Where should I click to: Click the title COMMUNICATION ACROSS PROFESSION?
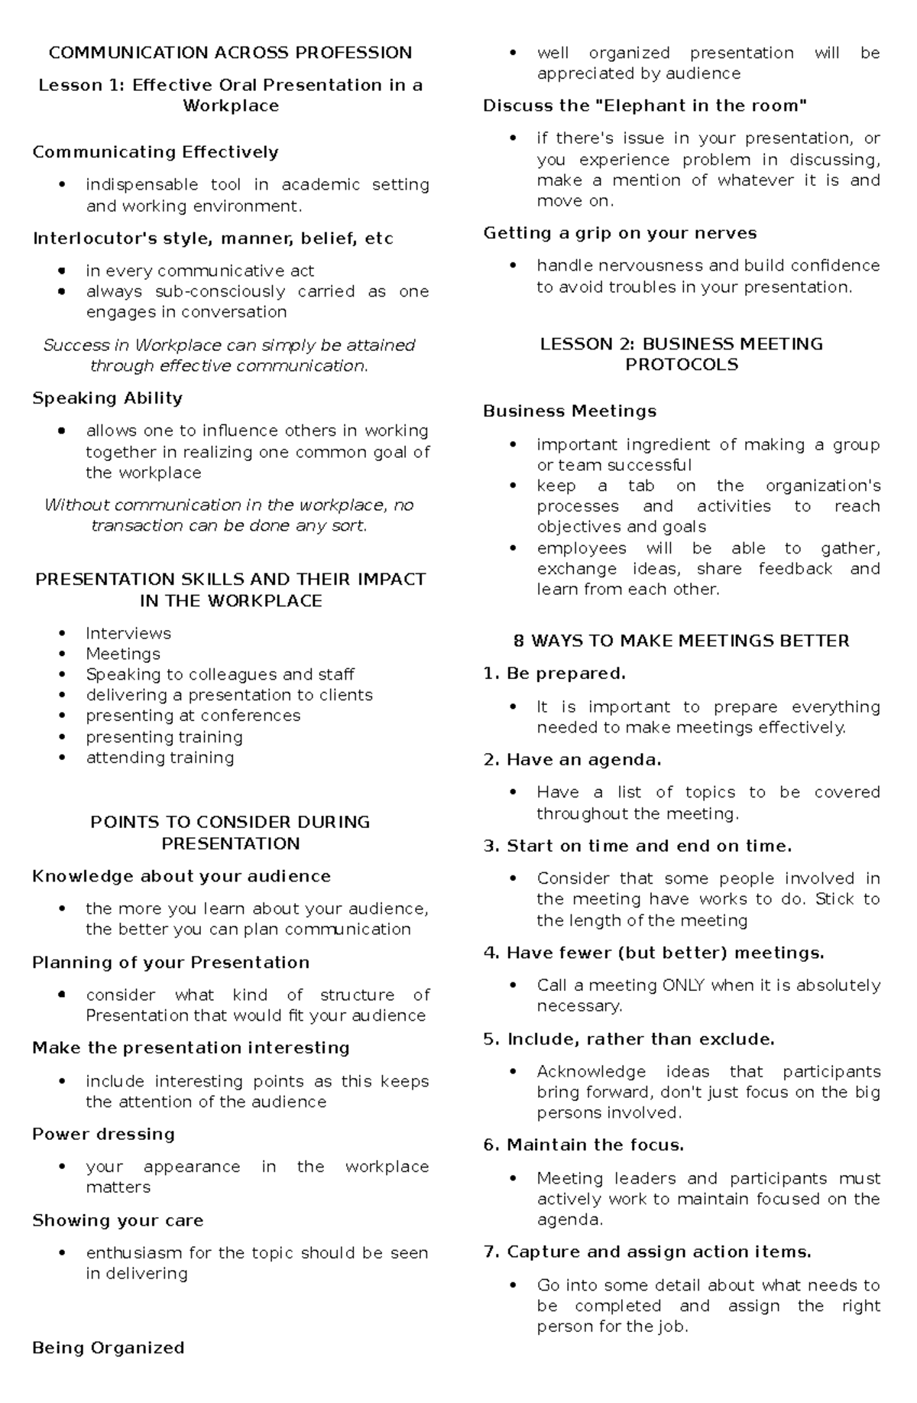(x=230, y=53)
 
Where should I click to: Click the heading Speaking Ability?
(x=107, y=398)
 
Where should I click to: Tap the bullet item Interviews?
(x=128, y=633)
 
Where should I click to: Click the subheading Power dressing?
(x=103, y=1134)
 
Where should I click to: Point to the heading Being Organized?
(x=108, y=1347)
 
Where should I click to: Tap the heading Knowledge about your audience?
(x=181, y=876)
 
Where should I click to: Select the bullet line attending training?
(x=160, y=758)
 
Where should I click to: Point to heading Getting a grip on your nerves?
(x=620, y=233)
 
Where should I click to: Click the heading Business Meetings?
(x=569, y=411)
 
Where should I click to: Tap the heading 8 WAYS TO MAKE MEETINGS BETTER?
(x=681, y=641)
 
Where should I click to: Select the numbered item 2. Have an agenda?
(x=572, y=760)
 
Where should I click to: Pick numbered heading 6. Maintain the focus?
(x=584, y=1145)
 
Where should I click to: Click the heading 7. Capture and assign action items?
(x=647, y=1252)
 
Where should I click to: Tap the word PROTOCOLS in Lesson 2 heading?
(x=681, y=365)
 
